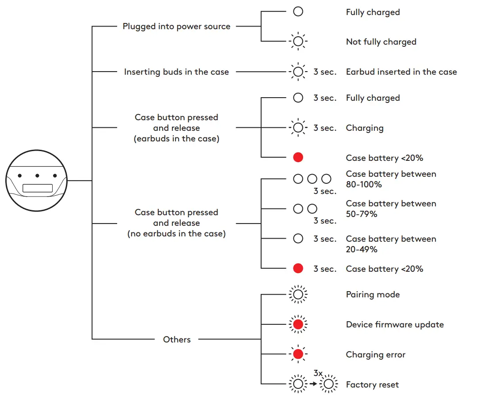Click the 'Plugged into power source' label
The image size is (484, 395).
coord(176,27)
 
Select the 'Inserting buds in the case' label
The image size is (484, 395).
coord(176,72)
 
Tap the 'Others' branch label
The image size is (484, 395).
coord(176,339)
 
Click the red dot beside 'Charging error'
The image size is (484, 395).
coord(298,354)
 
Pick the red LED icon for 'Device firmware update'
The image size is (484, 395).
coord(298,324)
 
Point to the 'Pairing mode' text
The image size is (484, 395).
coord(373,295)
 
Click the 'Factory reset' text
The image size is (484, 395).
coord(372,385)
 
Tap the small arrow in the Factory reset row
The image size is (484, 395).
coord(313,384)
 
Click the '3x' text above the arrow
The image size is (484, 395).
coord(318,373)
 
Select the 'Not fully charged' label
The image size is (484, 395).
coord(381,42)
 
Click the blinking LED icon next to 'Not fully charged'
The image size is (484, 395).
coord(298,41)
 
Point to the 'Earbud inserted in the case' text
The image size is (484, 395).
coord(401,72)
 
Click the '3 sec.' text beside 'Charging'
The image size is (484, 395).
coord(325,128)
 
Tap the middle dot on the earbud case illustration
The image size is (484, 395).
coord(37,175)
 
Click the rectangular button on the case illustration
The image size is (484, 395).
coord(38,188)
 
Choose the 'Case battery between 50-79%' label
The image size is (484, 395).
coord(391,209)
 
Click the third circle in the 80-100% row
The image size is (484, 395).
coord(326,179)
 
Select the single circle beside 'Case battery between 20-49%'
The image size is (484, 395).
coord(298,239)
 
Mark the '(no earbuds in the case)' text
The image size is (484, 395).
coord(176,234)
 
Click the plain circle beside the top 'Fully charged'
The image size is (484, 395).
coord(298,12)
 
